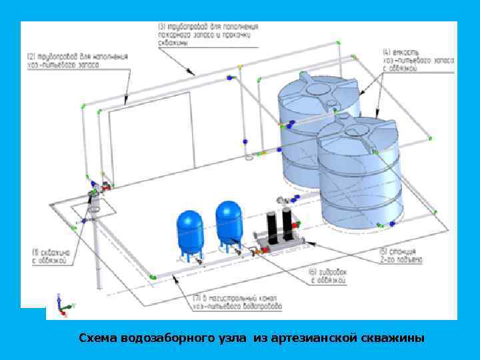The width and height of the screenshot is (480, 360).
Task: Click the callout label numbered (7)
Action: pyautogui.click(x=237, y=303)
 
